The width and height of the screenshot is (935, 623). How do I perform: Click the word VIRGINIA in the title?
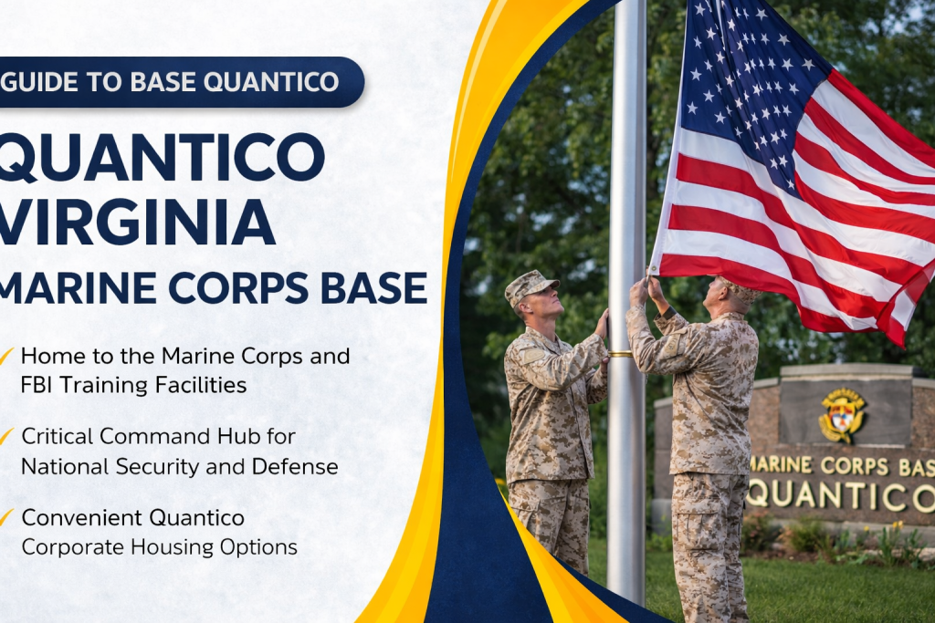[137, 222]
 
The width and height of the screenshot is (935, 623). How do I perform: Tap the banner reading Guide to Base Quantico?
[173, 82]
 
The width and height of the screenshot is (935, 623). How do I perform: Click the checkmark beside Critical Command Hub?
[6, 436]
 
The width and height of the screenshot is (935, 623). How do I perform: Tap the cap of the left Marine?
[530, 286]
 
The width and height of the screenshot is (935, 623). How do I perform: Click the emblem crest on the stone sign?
[842, 415]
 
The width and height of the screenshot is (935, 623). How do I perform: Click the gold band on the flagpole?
[621, 353]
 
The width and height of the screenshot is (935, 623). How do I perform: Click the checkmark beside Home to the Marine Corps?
[6, 354]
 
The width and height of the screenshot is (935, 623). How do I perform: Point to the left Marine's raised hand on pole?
[603, 321]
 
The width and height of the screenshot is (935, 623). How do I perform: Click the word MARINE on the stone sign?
[781, 464]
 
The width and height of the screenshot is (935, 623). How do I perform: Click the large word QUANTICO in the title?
[160, 156]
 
